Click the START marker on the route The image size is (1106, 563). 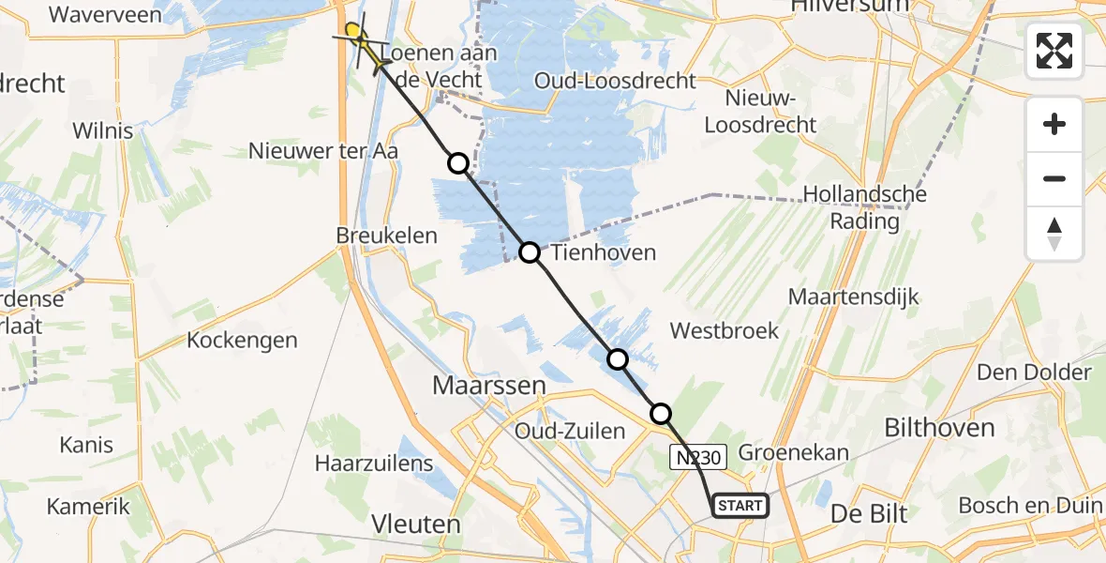(740, 506)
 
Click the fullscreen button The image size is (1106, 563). (1054, 51)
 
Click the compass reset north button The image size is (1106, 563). (1054, 234)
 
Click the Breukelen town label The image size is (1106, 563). (387, 236)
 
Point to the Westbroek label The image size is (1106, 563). (725, 330)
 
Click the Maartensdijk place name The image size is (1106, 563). (854, 297)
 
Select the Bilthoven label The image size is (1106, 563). (939, 428)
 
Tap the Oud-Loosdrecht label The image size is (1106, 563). (615, 81)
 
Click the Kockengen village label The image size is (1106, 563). (242, 340)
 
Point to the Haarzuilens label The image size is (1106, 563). (374, 463)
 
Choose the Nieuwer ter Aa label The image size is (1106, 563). (323, 150)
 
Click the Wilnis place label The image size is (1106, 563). (103, 130)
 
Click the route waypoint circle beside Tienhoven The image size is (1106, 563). (530, 252)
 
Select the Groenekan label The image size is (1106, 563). (793, 452)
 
